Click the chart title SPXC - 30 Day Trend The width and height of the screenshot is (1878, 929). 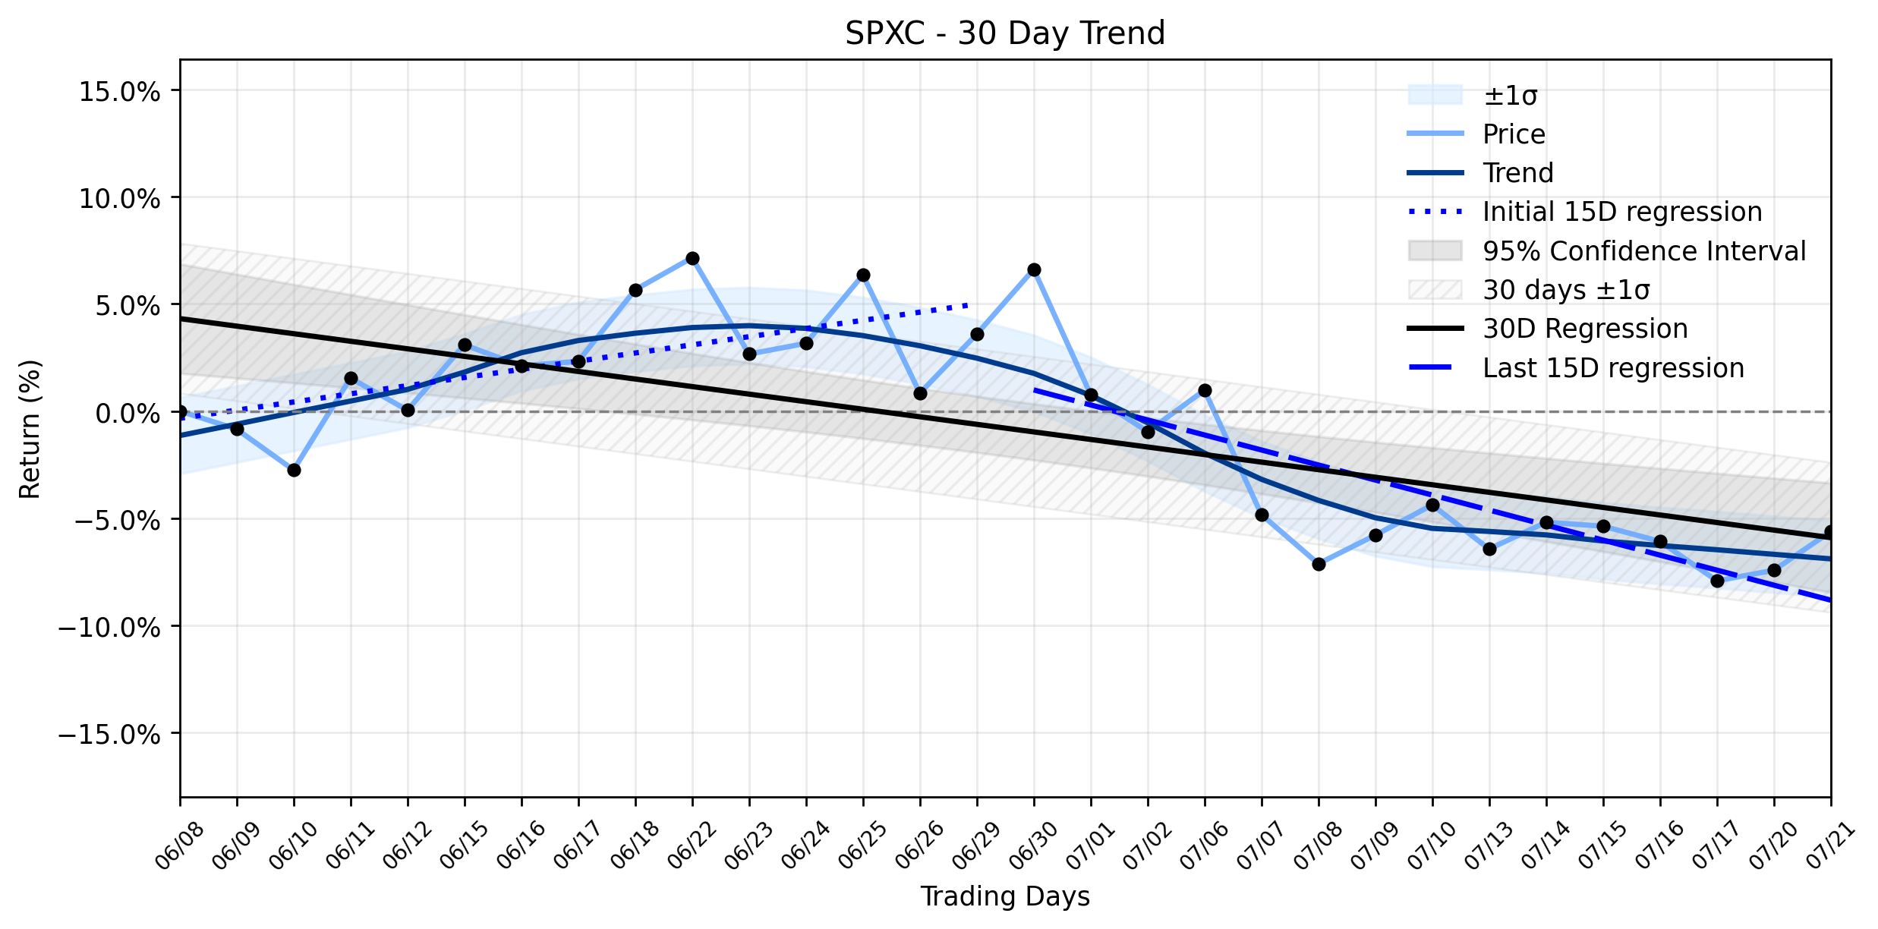click(1005, 33)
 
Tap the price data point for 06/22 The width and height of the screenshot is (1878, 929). click(692, 259)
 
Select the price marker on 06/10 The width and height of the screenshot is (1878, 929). click(294, 471)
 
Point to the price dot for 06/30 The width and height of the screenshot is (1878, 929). click(1034, 270)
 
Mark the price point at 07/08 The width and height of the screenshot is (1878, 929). click(1319, 564)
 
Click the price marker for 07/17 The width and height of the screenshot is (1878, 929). click(1717, 581)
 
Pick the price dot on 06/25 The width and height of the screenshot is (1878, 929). click(863, 275)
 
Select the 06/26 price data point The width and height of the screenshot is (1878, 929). click(920, 393)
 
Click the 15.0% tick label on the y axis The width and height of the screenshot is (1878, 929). click(120, 92)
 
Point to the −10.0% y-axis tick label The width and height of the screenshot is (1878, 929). click(110, 628)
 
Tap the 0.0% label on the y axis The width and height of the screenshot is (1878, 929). click(128, 414)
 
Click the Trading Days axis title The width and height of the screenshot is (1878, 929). click(1005, 897)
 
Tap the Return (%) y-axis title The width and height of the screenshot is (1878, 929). click(30, 429)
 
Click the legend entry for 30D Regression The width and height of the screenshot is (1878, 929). click(1549, 329)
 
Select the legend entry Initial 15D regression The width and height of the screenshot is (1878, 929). click(1585, 212)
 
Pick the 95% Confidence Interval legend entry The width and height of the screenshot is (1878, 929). click(1607, 251)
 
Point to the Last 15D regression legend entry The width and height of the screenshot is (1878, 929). click(1576, 368)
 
